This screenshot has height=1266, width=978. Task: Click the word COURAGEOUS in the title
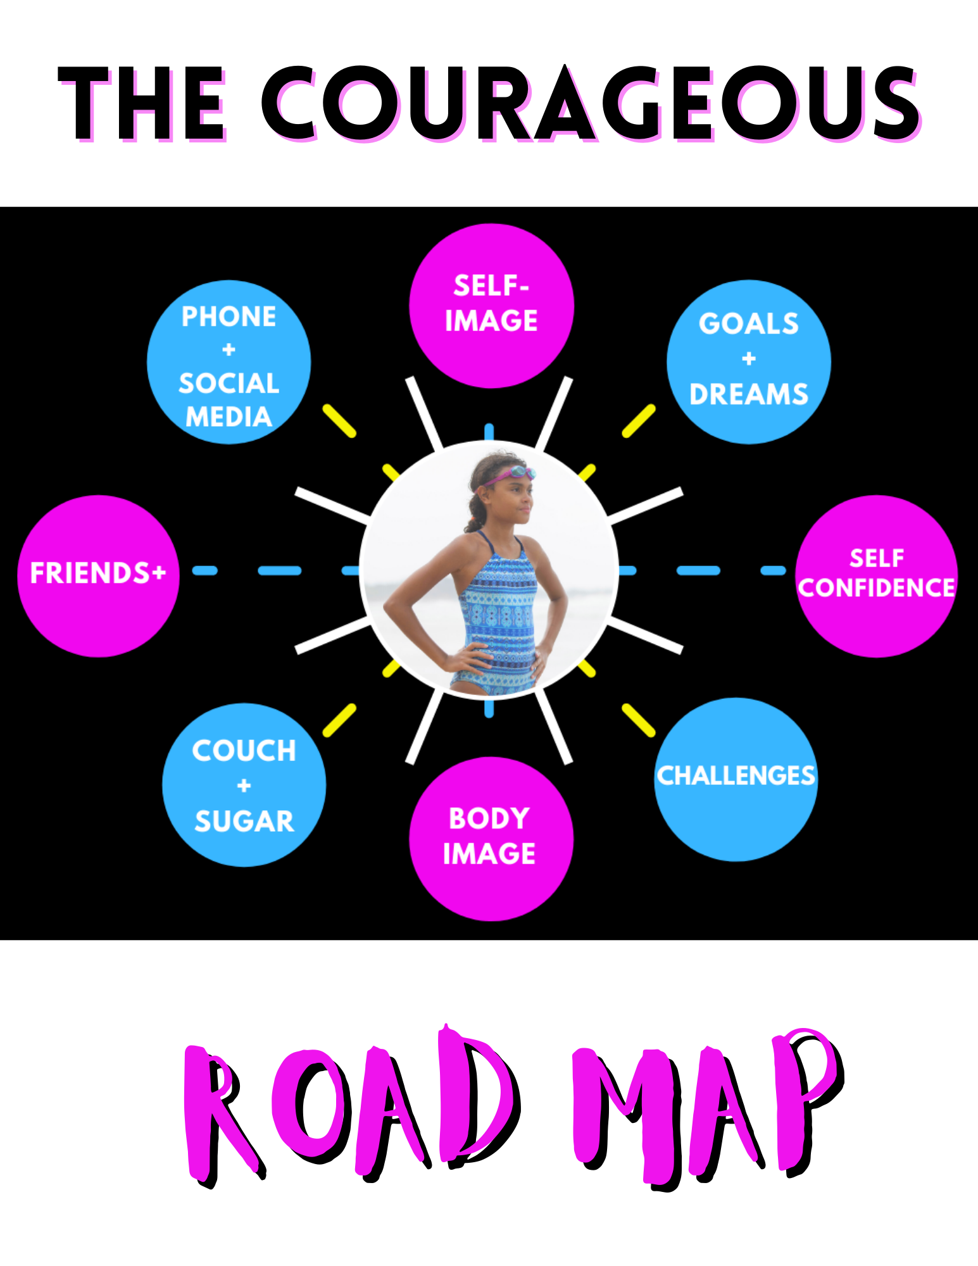pos(590,103)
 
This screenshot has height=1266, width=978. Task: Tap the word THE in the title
pos(142,104)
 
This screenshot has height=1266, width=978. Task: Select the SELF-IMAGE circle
pos(491,305)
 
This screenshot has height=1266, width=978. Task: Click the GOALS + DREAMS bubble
pos(748,361)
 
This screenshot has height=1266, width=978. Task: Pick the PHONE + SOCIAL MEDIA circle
pos(229,362)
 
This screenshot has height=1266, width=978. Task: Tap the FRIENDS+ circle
pos(98,575)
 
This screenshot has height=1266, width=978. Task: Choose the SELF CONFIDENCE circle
pos(876,575)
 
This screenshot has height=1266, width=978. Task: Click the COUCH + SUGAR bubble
pos(244,785)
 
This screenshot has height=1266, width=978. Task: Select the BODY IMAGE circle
pos(491,838)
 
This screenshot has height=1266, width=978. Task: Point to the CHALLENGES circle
pos(736,779)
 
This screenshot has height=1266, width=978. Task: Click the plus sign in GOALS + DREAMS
pos(749,359)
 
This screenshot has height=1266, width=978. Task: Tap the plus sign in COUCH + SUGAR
pos(244,786)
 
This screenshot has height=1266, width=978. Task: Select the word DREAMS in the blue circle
pos(749,394)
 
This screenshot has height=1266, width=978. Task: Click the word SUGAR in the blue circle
pos(244,821)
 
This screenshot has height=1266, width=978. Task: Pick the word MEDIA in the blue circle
pos(229,417)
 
